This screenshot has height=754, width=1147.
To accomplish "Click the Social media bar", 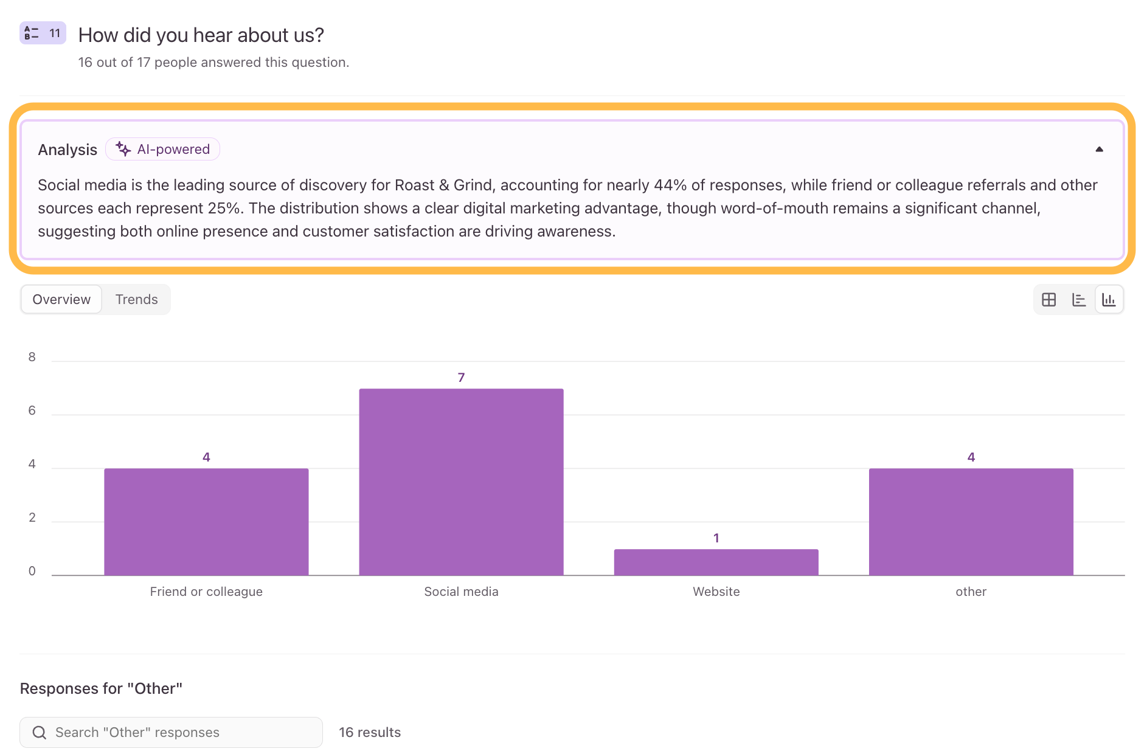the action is [461, 482].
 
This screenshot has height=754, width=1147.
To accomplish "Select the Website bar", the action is [716, 562].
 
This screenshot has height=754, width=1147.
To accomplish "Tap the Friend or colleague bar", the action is [206, 522].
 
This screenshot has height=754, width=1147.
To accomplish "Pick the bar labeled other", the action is [971, 522].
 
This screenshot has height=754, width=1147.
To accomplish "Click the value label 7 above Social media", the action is [461, 378].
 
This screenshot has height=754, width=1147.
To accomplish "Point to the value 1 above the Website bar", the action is [716, 538].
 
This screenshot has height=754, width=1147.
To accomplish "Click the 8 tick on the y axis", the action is [32, 357].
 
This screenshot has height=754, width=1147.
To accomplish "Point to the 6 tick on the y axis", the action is [32, 410].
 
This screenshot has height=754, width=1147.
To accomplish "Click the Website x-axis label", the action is [716, 592].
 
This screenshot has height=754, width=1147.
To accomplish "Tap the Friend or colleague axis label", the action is [206, 592].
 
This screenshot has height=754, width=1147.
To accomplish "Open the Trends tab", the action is [136, 299].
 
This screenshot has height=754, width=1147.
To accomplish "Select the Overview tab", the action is [61, 299].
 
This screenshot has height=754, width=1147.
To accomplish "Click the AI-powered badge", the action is [162, 149].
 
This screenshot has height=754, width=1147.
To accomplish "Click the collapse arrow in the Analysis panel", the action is [1099, 149].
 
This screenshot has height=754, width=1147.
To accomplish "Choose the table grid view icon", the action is [1049, 300].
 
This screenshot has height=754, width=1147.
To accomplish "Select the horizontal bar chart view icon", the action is [1079, 300].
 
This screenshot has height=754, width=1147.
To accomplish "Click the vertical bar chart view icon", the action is [1109, 300].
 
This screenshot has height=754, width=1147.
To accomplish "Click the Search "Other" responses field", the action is [171, 732].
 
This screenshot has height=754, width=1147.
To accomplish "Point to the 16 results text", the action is [370, 732].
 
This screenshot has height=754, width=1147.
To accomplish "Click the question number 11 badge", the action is [43, 33].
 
